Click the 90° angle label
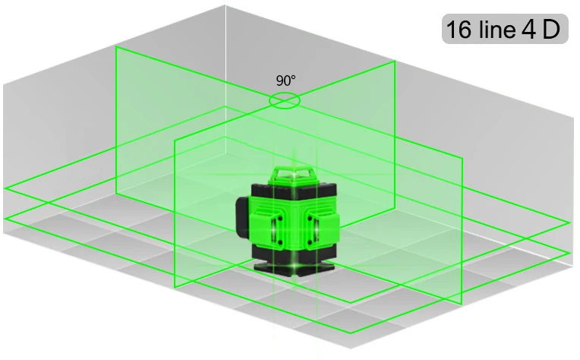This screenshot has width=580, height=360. tap(286, 81)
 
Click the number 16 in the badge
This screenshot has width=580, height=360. tap(459, 29)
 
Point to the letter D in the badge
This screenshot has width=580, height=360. tap(551, 29)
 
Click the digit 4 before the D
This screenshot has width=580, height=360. tap(529, 29)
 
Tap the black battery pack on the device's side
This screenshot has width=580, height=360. tap(244, 218)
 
